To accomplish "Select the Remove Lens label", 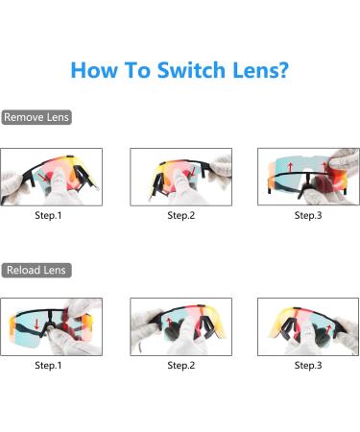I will tap(36, 117).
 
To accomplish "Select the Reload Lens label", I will tap(36, 270).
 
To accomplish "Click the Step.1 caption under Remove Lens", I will tap(48, 215).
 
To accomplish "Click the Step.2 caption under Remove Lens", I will tap(180, 215).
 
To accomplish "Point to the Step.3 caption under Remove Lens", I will tap(308, 215).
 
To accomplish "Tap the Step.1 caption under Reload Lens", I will tap(48, 365).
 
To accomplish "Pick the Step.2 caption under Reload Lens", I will tap(180, 365).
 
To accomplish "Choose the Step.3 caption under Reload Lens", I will tap(308, 365).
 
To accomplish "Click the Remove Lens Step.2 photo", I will tap(180, 177).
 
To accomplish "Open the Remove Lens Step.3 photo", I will tap(308, 177).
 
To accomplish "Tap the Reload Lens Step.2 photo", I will tap(180, 326).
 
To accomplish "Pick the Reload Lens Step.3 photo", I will tap(308, 326).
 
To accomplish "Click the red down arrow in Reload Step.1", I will tap(37, 322).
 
